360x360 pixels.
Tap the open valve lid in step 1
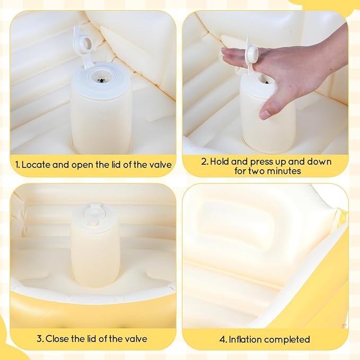click(x=85, y=41)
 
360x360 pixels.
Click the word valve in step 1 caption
click(x=160, y=165)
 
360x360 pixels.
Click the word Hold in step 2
click(x=220, y=161)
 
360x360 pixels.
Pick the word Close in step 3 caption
click(x=58, y=339)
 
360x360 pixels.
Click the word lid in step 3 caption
click(x=95, y=339)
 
